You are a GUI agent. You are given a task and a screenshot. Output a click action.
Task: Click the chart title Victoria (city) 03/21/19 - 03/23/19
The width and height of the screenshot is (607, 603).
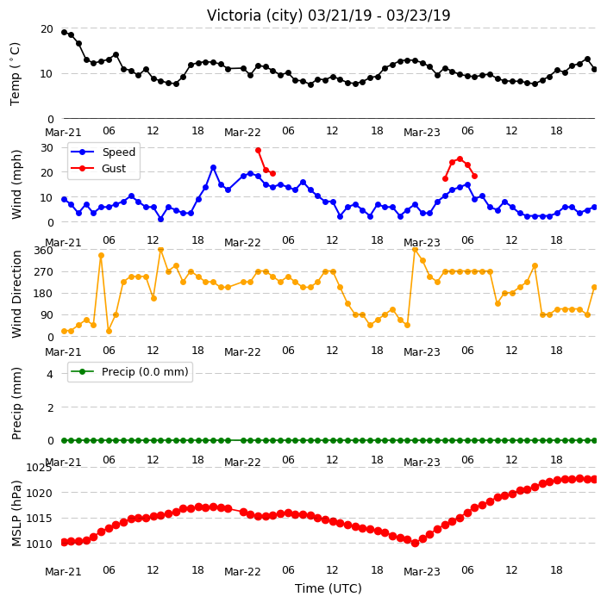tap(329, 16)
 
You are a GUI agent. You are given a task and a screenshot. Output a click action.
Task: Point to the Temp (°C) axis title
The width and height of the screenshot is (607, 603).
tap(15, 74)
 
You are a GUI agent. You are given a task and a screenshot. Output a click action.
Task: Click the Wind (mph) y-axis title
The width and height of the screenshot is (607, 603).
tap(16, 184)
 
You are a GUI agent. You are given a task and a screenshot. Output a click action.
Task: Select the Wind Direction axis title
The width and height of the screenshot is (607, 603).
tap(16, 294)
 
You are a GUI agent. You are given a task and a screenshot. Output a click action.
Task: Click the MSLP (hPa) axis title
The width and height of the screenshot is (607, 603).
tap(16, 513)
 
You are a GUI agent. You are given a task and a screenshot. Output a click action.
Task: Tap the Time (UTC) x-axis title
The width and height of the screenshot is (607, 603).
tap(329, 588)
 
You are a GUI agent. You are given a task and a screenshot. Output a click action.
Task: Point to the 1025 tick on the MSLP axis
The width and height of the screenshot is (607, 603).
tap(39, 468)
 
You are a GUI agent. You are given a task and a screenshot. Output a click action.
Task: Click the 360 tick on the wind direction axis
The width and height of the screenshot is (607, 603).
tap(43, 251)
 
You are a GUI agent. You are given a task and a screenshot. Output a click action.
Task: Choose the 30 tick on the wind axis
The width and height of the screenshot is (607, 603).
tap(47, 148)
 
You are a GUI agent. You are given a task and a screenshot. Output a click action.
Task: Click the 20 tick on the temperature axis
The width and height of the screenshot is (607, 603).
tap(47, 29)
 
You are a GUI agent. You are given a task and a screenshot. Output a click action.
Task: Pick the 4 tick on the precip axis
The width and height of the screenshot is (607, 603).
tap(50, 374)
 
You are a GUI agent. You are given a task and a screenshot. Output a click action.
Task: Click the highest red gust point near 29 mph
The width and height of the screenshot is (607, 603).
tap(258, 151)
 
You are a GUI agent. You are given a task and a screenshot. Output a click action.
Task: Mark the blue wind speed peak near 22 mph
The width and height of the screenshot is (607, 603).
tap(213, 167)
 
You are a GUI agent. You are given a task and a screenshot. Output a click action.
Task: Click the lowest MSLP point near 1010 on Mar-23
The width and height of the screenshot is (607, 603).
tap(415, 544)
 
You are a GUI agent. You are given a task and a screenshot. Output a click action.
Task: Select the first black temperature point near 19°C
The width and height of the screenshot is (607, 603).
tap(65, 32)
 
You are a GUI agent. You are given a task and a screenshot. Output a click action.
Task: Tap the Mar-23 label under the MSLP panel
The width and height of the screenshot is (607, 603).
tap(422, 572)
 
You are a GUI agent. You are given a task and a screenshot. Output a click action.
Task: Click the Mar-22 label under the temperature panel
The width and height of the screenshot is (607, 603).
tap(242, 133)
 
